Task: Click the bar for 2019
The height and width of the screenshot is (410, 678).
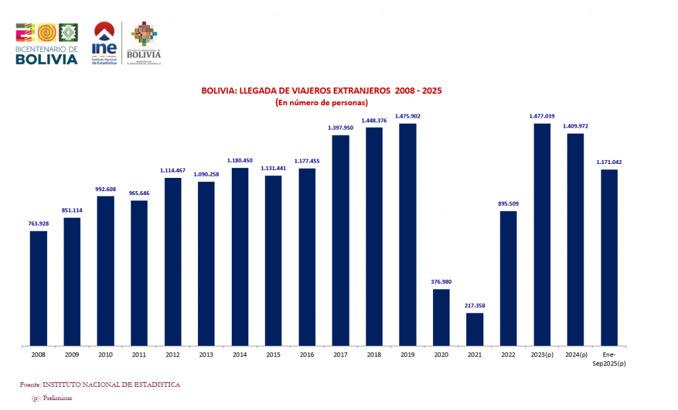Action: (x=407, y=234)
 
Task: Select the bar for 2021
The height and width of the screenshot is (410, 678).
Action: (x=475, y=329)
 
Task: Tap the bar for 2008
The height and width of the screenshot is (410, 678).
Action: (x=38, y=288)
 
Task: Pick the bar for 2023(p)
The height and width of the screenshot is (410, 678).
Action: (x=542, y=234)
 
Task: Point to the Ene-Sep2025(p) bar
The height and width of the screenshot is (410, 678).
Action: (x=609, y=257)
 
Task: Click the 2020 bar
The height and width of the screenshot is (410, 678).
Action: (x=441, y=317)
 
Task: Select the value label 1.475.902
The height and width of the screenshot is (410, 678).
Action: (x=407, y=116)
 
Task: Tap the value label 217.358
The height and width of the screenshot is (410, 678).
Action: (x=475, y=306)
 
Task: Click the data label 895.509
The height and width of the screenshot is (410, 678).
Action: (x=508, y=204)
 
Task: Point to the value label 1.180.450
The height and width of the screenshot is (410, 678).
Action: (x=240, y=161)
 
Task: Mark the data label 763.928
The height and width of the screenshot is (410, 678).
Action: (x=38, y=224)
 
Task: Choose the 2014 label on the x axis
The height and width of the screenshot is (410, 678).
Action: (x=240, y=355)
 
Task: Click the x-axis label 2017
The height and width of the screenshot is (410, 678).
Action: (x=340, y=355)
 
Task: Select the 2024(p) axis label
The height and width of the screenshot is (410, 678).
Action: (x=575, y=355)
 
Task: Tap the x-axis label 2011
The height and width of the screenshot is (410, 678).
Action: (x=139, y=355)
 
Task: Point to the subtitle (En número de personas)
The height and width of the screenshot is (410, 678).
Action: (x=321, y=102)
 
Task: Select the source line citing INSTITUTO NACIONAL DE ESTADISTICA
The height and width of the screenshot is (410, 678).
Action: (x=100, y=384)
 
